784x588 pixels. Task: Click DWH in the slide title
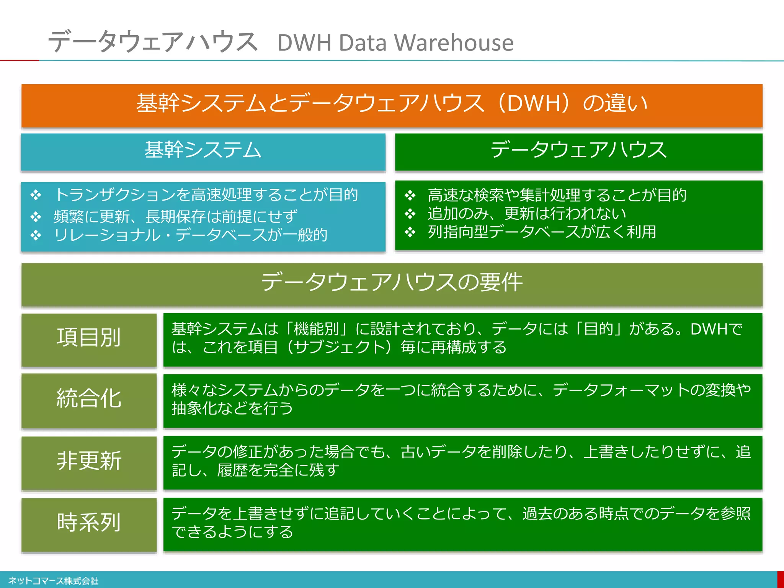(x=304, y=42)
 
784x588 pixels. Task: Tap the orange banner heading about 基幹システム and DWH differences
(x=392, y=104)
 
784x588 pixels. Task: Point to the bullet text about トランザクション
(x=206, y=195)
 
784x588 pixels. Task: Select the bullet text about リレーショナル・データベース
(x=191, y=235)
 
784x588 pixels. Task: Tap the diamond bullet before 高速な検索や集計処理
(x=410, y=196)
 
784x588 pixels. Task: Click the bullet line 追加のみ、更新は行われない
(x=527, y=214)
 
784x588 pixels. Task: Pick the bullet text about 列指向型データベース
(x=542, y=232)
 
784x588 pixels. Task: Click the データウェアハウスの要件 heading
(x=392, y=283)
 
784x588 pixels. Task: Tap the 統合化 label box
(x=89, y=399)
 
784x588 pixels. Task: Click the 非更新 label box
(x=89, y=461)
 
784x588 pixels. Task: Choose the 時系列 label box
(x=89, y=523)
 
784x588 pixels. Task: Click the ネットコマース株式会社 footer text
(x=54, y=581)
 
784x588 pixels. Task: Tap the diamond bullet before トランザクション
(x=36, y=195)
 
